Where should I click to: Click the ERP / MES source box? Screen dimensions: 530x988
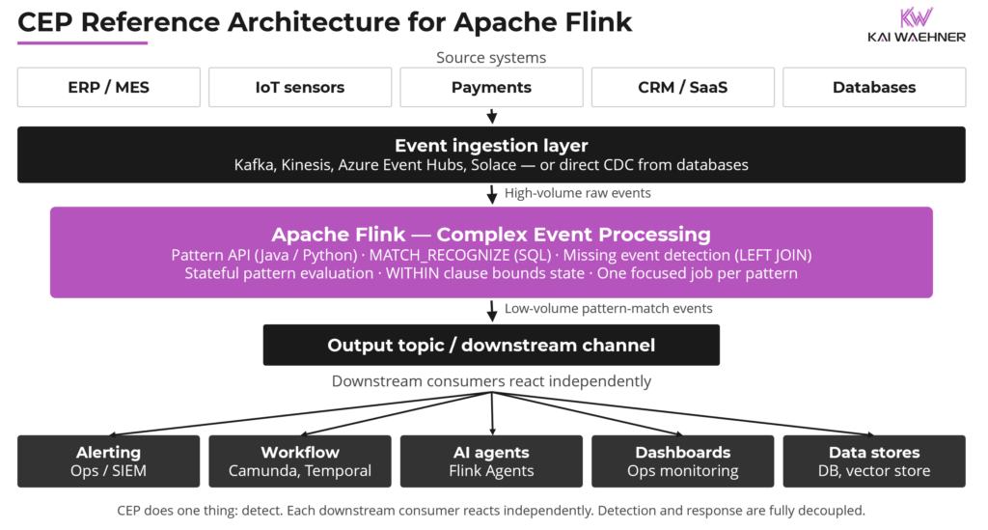point(109,87)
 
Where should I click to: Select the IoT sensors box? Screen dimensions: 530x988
point(300,87)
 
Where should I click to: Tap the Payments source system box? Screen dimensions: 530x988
point(491,87)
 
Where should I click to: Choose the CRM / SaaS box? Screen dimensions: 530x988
point(682,87)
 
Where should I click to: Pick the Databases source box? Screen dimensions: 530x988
point(874,87)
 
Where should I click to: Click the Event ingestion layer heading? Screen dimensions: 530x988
point(491,146)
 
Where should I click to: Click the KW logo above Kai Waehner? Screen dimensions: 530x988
point(917,18)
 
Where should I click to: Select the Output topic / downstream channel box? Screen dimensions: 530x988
point(491,345)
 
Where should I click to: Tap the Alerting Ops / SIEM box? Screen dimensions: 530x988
point(109,460)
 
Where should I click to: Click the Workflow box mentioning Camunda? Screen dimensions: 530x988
point(300,460)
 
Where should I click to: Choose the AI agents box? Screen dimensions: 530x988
point(491,460)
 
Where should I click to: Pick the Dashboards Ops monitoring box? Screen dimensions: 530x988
point(682,460)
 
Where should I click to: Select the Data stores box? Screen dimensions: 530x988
point(874,460)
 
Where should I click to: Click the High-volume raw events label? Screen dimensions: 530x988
point(577,193)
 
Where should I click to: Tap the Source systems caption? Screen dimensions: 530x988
point(491,58)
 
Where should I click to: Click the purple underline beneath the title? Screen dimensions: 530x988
point(82,42)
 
